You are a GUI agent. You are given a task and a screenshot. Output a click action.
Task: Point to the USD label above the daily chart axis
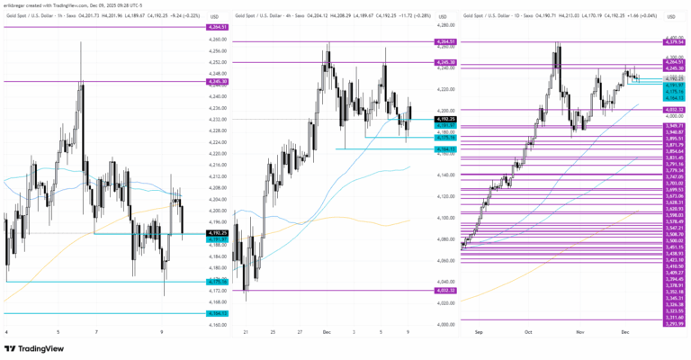667,16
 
